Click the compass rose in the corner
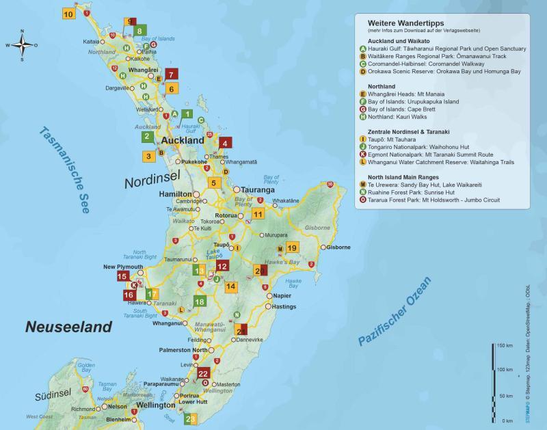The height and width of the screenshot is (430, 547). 22,45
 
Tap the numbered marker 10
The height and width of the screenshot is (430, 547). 68,14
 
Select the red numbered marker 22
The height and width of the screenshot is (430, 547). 203,373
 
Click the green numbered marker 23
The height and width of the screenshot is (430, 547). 191,418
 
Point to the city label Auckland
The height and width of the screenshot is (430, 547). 182,140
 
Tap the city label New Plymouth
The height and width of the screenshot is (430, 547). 123,267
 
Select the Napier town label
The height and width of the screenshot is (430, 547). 282,295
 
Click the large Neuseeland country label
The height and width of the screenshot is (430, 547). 68,327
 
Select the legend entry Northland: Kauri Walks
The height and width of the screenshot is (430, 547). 403,117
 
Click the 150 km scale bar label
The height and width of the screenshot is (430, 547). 505,345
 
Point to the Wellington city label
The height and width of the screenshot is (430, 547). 155,405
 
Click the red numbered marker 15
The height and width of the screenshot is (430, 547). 122,276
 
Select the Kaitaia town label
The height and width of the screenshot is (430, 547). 92,42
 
